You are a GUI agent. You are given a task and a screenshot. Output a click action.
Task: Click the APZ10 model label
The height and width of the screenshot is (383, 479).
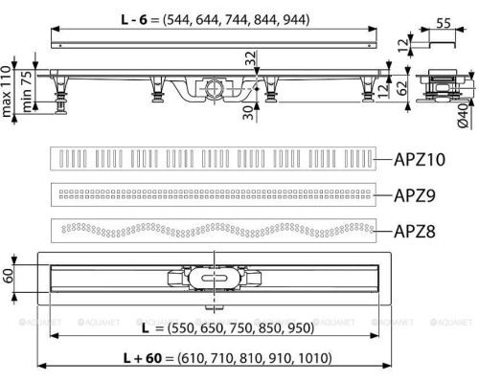[x=422, y=160]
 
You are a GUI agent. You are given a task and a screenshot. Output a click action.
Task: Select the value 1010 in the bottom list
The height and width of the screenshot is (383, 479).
[x=312, y=358]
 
